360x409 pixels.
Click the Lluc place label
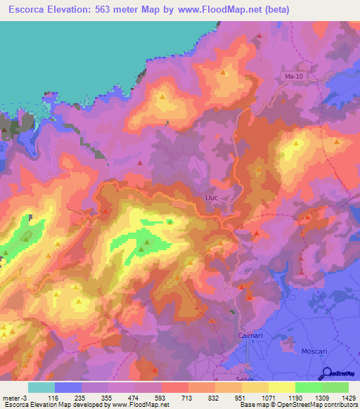(213, 198)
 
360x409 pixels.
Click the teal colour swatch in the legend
(41, 387)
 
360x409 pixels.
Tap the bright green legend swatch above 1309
(308, 387)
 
